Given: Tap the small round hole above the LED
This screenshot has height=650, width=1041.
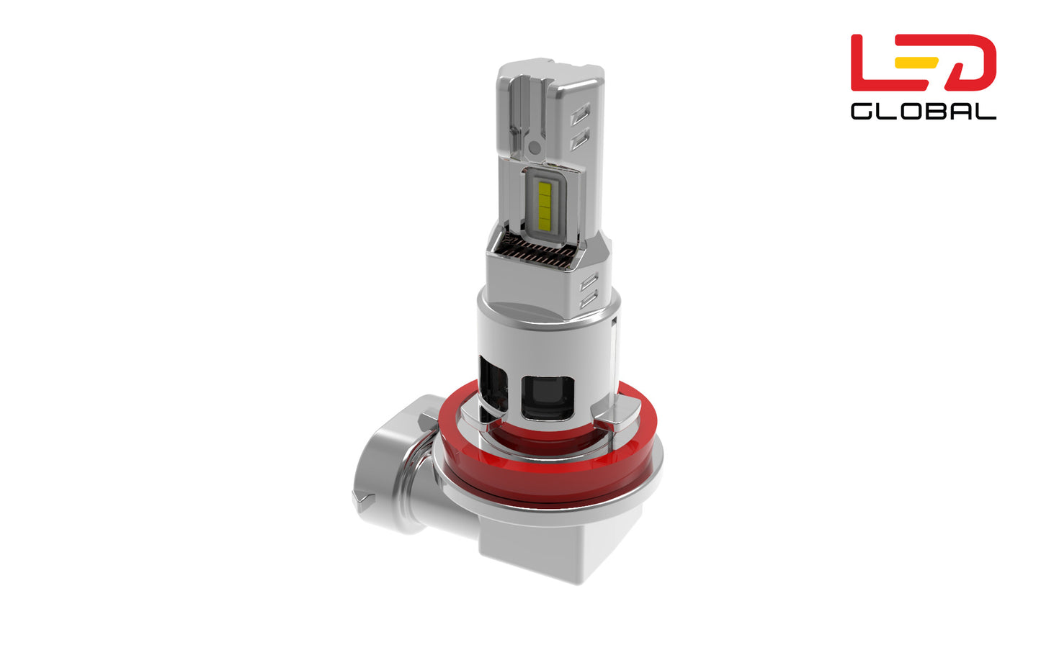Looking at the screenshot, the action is coord(534,148).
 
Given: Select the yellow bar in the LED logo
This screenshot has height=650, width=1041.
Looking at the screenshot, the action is coord(916,62).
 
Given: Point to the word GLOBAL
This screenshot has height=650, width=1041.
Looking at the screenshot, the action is coord(923,112).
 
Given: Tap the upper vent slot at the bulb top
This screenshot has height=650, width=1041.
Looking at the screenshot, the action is coord(580,113).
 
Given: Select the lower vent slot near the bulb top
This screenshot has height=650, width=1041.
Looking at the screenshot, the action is coord(579,138).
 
